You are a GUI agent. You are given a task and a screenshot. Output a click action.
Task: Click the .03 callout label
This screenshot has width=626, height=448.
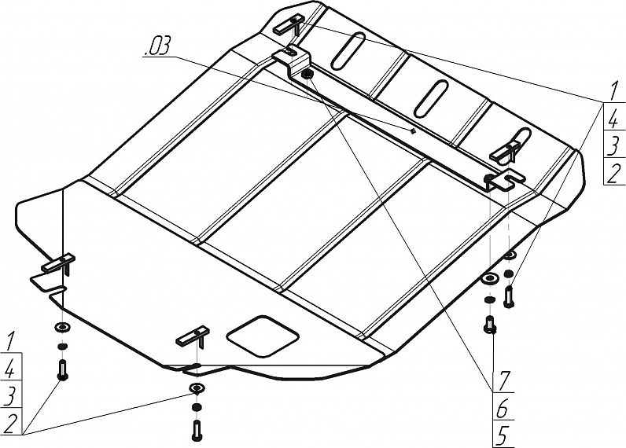coord(156,46)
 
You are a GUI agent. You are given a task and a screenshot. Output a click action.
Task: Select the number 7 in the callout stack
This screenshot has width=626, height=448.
coord(503,382)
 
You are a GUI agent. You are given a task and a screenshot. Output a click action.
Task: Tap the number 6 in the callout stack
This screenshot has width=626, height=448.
coord(503,408)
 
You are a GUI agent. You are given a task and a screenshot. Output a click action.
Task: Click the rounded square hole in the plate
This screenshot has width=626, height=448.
coord(263,336)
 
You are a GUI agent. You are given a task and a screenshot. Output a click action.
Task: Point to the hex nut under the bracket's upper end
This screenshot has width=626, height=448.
coord(307,73)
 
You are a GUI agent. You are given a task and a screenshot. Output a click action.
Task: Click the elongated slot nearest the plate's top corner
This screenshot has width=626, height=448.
coord(348,50)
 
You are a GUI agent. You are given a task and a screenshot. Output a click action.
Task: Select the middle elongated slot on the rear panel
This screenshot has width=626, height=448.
coord(430,98)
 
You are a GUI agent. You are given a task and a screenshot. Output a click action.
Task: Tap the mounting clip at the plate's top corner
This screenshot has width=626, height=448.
coord(289,25)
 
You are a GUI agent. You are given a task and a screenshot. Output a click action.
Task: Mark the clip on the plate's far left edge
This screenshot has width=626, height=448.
coord(59,264)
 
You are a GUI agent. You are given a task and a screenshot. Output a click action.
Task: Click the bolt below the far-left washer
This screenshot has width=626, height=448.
coord(62,370)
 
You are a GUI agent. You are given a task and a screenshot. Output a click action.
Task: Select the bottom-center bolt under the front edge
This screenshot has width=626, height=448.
coord(197,431)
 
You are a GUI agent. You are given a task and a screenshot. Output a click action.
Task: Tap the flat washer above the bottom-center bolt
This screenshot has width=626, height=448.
coord(196,387)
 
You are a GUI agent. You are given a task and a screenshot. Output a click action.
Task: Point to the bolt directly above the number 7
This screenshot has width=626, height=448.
coord(490,324)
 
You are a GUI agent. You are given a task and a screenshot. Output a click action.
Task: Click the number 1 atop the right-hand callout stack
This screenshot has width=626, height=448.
coord(613,90)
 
